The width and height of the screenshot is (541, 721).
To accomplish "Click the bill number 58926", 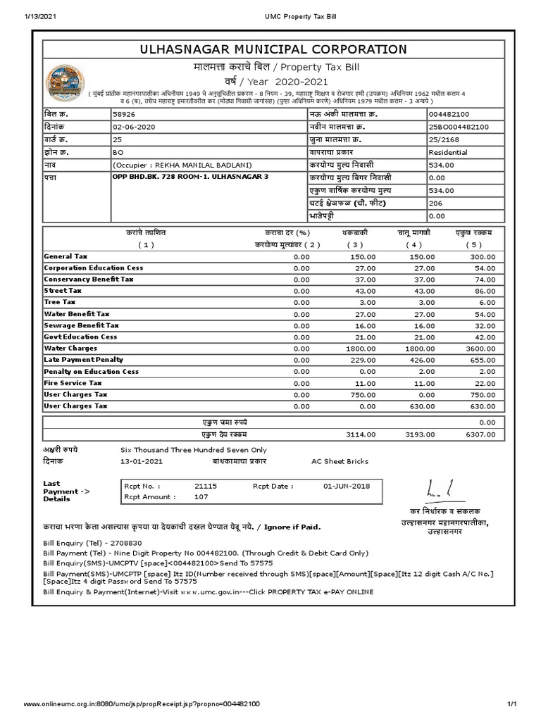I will (x=123, y=113).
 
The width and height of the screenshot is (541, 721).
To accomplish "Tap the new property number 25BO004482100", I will (x=459, y=126).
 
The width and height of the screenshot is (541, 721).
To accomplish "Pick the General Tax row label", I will (x=66, y=257).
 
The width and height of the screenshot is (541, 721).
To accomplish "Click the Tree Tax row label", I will (x=60, y=302).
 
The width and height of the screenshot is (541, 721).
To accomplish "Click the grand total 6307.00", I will (x=481, y=434).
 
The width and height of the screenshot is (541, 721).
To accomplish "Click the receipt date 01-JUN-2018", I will (x=347, y=486).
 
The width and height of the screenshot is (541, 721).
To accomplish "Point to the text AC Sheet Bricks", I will (x=340, y=461).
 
